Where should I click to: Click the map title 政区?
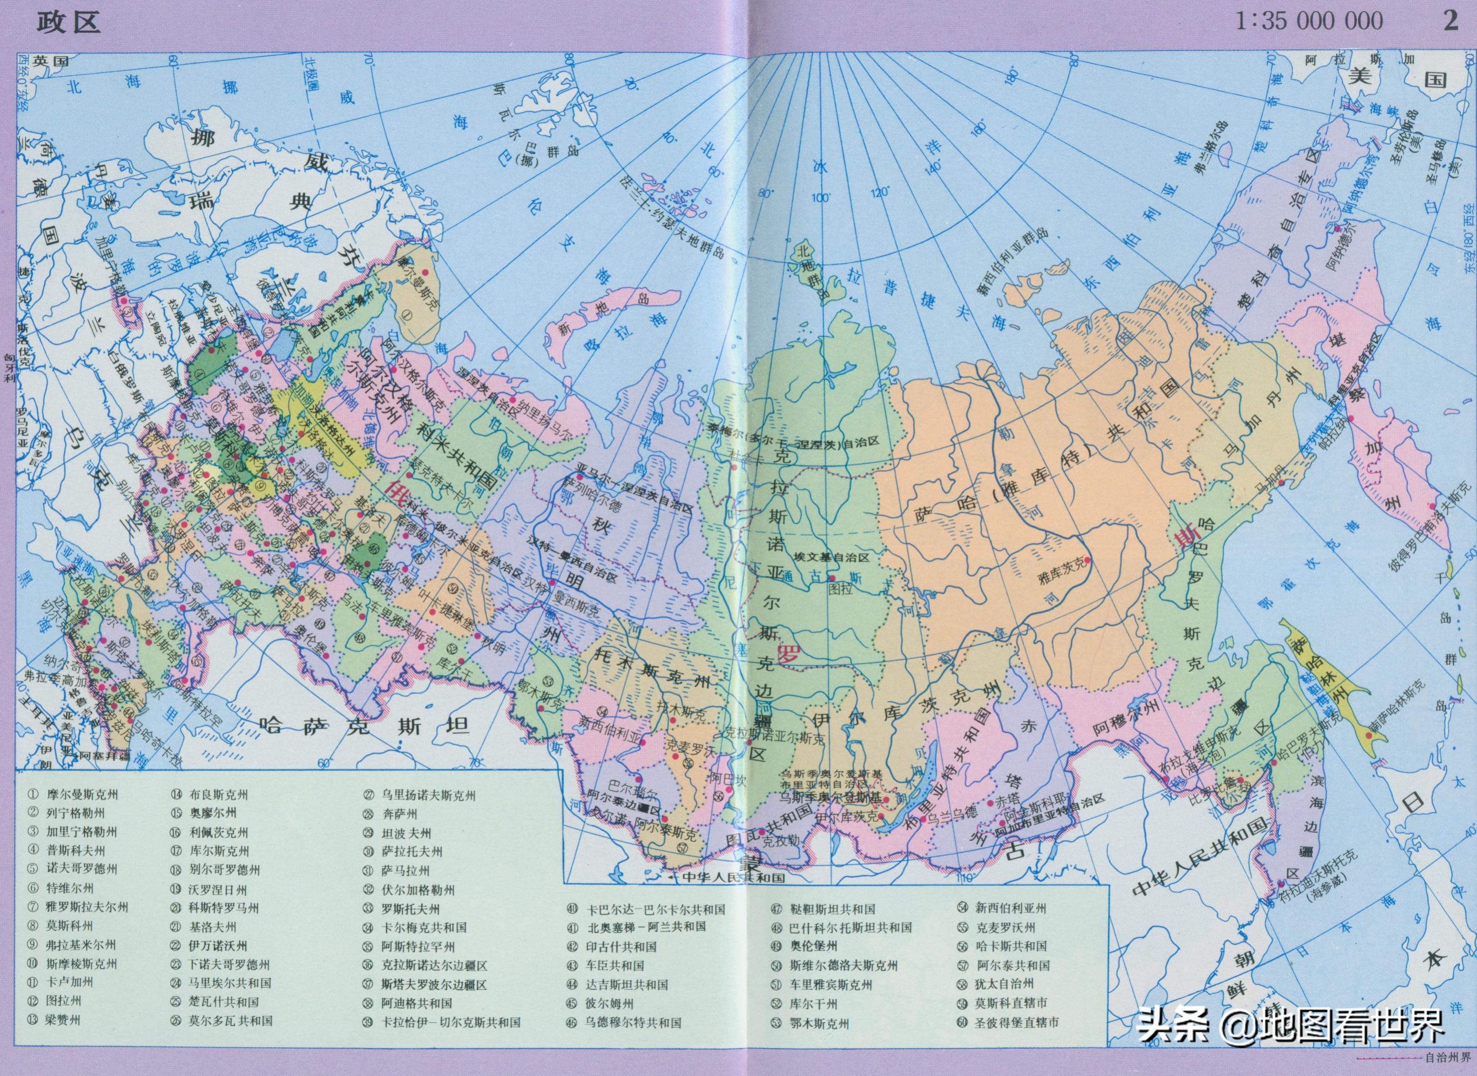[68, 22]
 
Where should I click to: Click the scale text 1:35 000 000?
[1309, 21]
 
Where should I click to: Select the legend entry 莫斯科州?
[70, 926]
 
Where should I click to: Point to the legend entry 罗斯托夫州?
[410, 908]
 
